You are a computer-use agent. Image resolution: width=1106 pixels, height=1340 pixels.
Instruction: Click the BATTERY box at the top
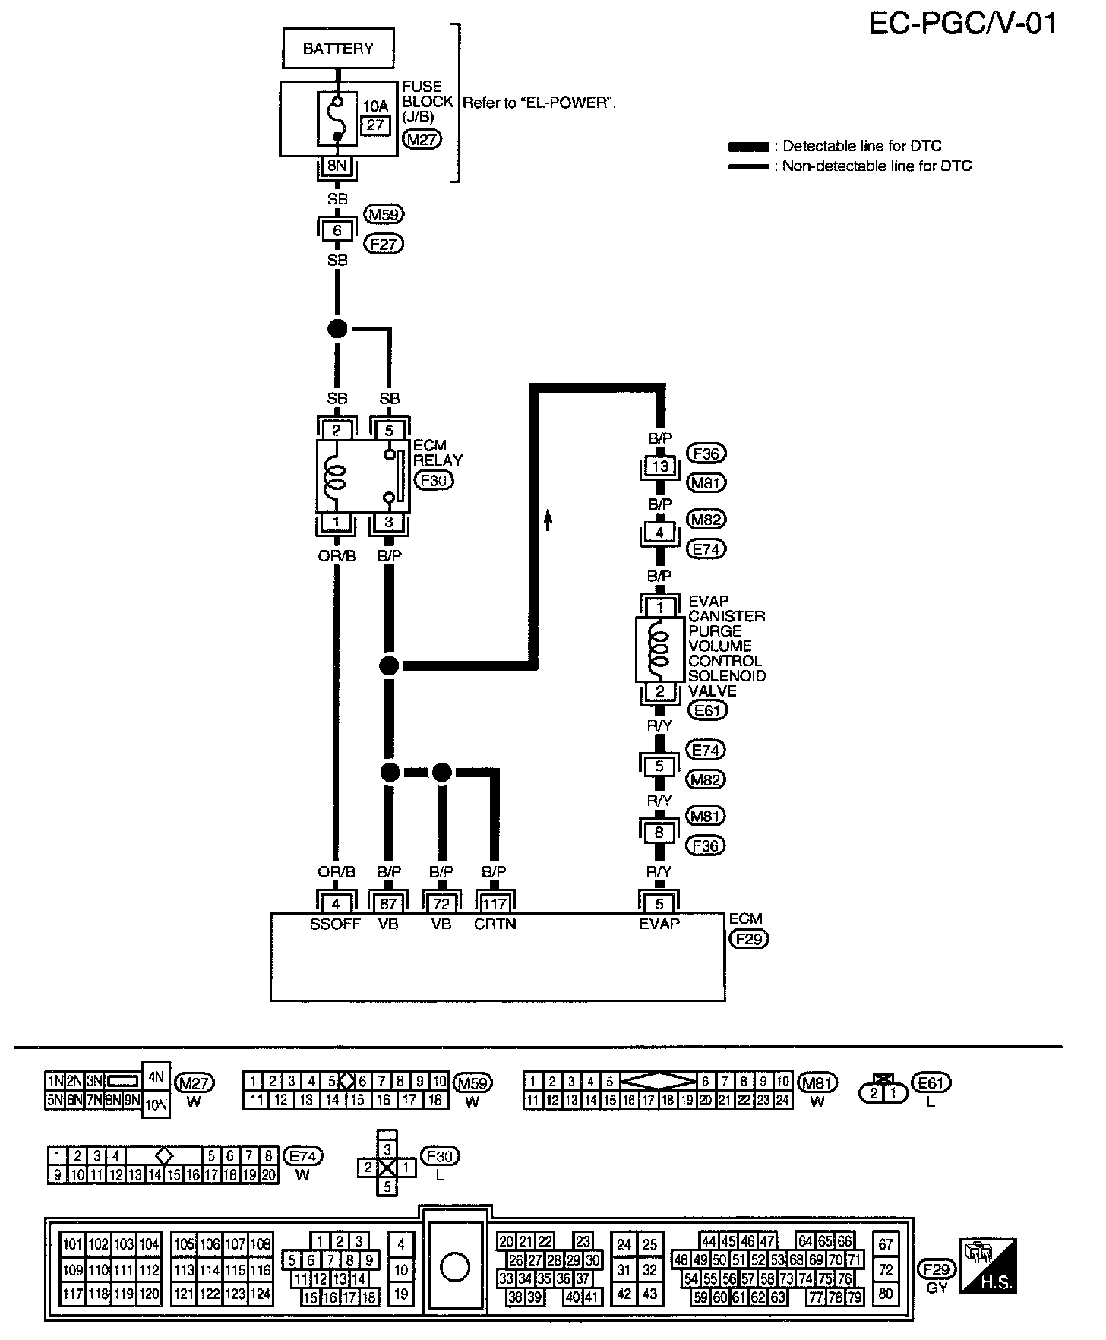click(338, 49)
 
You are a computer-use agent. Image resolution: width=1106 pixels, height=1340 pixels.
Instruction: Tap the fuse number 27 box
click(375, 125)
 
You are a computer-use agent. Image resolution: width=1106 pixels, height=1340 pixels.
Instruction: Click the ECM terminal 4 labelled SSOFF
click(336, 904)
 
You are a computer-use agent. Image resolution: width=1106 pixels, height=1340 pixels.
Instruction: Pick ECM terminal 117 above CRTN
click(495, 904)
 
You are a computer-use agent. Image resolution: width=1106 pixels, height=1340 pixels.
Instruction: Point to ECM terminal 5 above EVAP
click(659, 904)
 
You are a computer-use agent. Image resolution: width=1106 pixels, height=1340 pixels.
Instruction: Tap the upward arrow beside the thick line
click(547, 520)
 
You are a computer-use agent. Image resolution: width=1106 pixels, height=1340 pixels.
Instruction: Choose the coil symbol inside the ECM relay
click(335, 476)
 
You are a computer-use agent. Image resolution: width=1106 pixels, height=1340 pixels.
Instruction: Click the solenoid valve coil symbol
click(659, 648)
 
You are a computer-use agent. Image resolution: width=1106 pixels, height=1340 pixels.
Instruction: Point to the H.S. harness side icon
click(988, 1265)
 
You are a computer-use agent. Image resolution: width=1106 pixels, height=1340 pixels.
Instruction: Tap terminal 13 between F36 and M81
click(659, 466)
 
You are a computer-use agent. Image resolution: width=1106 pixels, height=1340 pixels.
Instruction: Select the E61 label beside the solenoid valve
click(706, 710)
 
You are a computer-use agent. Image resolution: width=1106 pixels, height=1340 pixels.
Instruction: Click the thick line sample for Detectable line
click(748, 147)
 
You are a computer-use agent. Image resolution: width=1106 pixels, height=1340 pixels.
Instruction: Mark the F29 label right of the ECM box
click(748, 939)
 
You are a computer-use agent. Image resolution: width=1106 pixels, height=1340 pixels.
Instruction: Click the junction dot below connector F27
click(337, 329)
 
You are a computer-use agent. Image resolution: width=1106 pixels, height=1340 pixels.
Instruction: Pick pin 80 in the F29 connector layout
click(886, 1293)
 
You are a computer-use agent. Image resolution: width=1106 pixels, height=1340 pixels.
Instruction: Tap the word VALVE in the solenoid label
click(712, 691)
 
